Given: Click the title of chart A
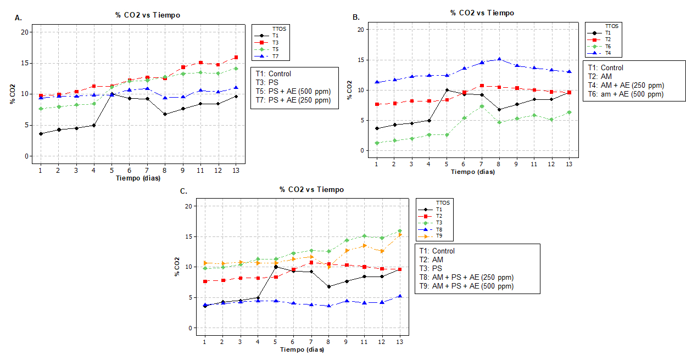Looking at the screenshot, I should coord(147,15).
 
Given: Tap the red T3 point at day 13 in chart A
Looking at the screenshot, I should coord(236,57).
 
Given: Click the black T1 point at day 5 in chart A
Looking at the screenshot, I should coord(111,94).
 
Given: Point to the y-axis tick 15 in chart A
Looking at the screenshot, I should coord(24,63).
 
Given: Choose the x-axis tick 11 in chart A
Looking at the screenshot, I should coord(200,171).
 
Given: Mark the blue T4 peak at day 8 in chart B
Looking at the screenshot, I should coord(499,59).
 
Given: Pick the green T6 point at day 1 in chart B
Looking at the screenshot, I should coord(376,143).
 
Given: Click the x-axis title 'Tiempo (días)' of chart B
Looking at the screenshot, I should coord(472,172).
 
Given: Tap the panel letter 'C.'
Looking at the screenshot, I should coord(185,190).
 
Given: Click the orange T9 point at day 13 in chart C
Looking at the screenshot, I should coord(400,235).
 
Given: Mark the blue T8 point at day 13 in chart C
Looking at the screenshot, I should coord(400,296).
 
